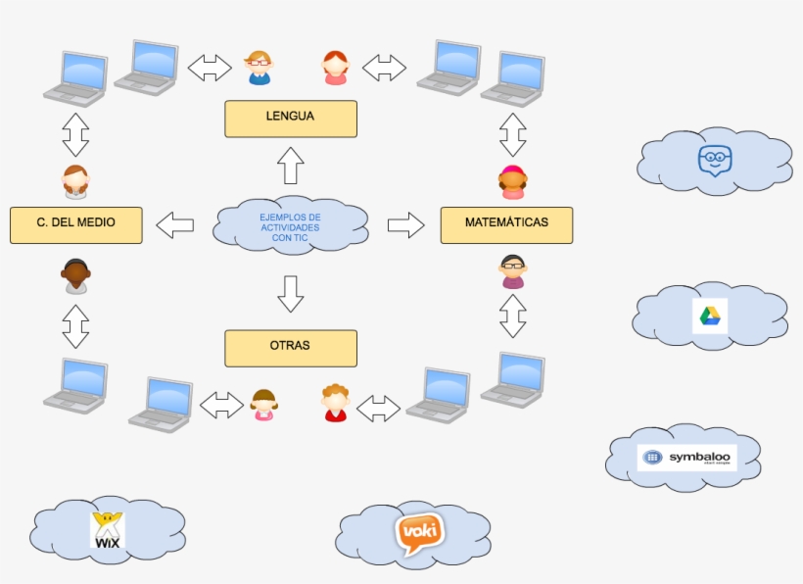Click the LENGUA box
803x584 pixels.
(x=290, y=118)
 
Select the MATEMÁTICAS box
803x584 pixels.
(x=506, y=224)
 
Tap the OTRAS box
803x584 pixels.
(x=290, y=347)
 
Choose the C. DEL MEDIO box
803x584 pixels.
(x=75, y=224)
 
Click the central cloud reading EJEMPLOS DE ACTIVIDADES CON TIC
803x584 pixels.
(x=290, y=225)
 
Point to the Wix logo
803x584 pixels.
(x=107, y=529)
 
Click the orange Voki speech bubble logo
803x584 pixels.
(x=419, y=534)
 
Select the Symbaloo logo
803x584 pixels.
(x=686, y=458)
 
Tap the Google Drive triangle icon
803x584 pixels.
(x=710, y=316)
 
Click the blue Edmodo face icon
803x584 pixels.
(x=715, y=160)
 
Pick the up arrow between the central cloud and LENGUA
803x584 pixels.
(x=291, y=165)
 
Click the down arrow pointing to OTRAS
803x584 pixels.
(x=291, y=292)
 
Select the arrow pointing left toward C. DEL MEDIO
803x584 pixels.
(x=176, y=224)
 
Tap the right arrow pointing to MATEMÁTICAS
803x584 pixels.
(x=405, y=224)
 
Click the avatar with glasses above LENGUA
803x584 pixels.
(x=259, y=68)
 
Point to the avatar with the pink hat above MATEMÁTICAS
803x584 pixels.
(x=512, y=182)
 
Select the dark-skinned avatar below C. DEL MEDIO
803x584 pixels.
(x=75, y=276)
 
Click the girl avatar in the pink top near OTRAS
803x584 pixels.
(x=263, y=405)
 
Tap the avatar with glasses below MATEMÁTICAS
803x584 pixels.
(x=512, y=271)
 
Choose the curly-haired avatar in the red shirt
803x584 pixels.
(x=335, y=403)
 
